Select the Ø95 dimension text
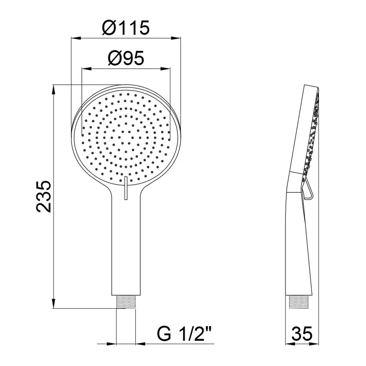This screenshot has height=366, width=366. [126, 59]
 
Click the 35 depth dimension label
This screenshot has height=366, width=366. [303, 334]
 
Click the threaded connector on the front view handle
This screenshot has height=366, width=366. [126, 301]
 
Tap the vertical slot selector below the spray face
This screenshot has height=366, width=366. [126, 187]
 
